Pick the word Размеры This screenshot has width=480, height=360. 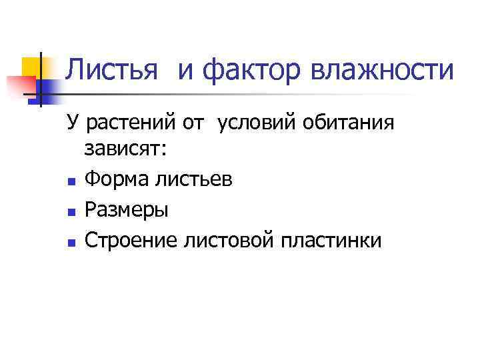pyautogui.click(x=127, y=210)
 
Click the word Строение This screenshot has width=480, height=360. pyautogui.click(x=130, y=239)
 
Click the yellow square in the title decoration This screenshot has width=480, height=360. pyautogui.click(x=33, y=67)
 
